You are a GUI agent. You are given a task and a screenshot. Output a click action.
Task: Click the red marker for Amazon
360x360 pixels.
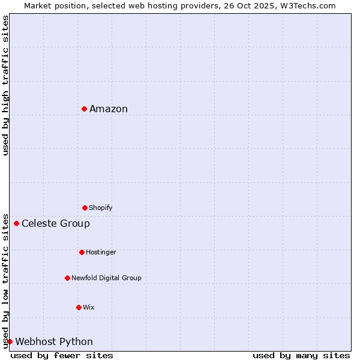coord(85,109)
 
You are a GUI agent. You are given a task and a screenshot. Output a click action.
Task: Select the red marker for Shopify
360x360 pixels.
coord(85,208)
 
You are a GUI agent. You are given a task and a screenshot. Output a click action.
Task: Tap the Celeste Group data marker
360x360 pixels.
coord(16,224)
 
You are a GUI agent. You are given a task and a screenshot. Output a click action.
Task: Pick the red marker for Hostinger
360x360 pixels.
coord(82,252)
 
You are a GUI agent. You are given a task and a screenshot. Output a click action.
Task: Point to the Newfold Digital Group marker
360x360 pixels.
coord(67,278)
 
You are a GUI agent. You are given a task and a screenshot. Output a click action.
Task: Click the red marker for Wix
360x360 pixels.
coord(79,307)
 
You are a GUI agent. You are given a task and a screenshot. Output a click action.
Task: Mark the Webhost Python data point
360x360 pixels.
coord(10,341)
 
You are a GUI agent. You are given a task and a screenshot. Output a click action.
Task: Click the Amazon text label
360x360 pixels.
coord(109,109)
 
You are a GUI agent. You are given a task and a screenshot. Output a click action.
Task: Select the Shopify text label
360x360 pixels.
coord(101,208)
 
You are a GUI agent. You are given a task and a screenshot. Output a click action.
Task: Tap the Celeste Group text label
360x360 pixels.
coord(56,224)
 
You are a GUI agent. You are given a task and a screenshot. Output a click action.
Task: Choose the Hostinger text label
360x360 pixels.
coord(101,252)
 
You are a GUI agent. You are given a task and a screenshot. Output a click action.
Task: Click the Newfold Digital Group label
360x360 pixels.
coord(106,278)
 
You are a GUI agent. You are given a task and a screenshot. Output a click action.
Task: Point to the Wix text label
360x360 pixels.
coord(89,307)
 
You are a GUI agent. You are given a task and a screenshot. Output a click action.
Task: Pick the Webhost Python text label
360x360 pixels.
coord(54,342)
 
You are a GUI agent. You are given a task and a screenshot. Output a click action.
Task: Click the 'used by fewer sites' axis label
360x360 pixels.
coord(62,355)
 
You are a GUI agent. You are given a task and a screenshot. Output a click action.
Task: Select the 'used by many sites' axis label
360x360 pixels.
coord(301,355)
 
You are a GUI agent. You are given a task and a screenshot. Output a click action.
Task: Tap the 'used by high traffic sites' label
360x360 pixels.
coord(5,85)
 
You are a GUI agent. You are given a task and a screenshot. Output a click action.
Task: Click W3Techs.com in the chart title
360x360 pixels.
coord(308,5)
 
